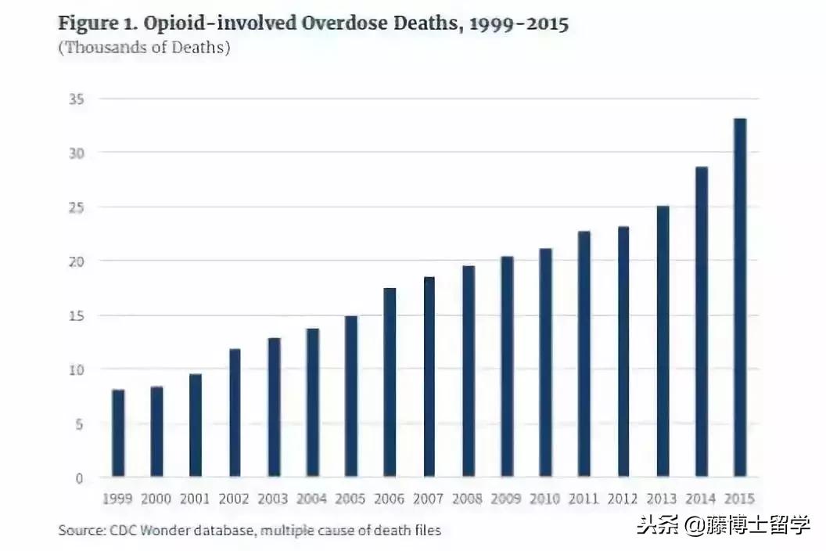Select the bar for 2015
(739, 297)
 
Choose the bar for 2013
(662, 341)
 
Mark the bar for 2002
(235, 412)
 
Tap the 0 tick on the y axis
(79, 477)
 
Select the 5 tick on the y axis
(79, 423)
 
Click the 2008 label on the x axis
(468, 499)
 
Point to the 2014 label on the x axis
(701, 499)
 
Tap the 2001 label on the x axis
(196, 499)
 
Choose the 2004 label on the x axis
(312, 499)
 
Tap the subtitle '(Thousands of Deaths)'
(144, 48)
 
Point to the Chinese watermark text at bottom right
(724, 524)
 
